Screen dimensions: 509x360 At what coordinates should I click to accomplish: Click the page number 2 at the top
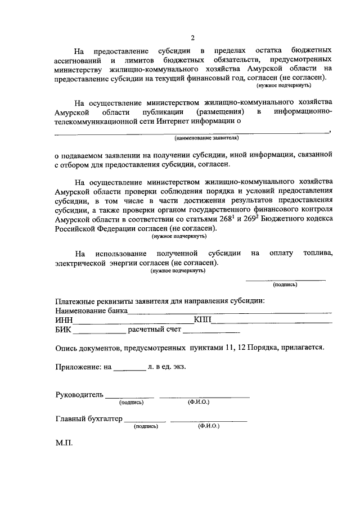tap(192, 38)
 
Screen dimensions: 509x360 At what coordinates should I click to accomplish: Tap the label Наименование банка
tap(91, 311)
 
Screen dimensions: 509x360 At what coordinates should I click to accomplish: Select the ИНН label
tap(65, 321)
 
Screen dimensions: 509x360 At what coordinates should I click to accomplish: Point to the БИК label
tap(64, 330)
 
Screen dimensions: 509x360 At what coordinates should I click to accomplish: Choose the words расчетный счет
tap(151, 330)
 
